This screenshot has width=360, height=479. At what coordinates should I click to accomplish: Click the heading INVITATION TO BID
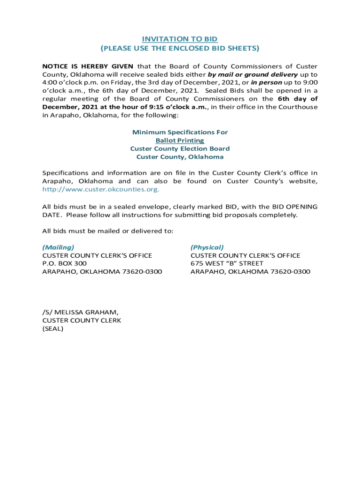click(x=180, y=39)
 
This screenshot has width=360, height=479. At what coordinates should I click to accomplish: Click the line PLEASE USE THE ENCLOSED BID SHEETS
click(x=180, y=48)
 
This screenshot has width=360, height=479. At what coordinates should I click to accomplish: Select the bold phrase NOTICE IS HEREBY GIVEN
click(x=88, y=66)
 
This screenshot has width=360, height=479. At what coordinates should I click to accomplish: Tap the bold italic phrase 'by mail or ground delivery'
click(x=252, y=74)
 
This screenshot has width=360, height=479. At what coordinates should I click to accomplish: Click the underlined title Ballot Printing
click(x=180, y=140)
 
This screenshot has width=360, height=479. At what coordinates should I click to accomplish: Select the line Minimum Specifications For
click(x=180, y=132)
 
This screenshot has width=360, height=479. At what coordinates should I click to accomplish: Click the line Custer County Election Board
click(x=180, y=149)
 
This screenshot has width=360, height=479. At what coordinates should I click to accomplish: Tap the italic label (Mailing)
click(x=58, y=247)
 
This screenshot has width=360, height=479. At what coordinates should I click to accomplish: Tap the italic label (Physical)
click(x=207, y=247)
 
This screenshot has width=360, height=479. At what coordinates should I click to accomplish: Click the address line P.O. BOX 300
click(x=65, y=263)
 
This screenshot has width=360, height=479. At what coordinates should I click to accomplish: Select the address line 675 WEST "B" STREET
click(x=227, y=263)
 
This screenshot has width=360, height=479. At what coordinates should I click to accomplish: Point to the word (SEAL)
click(x=53, y=328)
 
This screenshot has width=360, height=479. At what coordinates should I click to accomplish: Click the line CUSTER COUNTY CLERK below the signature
click(x=82, y=320)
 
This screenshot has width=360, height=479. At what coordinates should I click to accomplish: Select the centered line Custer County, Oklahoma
click(x=180, y=157)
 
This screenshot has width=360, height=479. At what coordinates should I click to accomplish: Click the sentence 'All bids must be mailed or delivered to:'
click(x=108, y=231)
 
